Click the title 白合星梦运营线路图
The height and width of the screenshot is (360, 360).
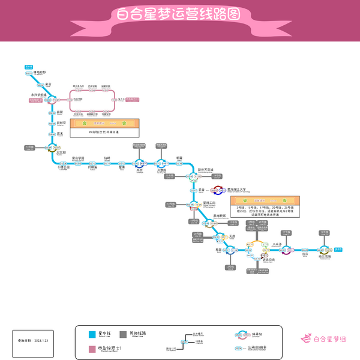coord(179,14)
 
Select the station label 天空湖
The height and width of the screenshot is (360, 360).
coord(60,152)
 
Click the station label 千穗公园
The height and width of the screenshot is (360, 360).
coord(64,167)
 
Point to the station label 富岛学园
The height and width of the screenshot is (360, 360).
coord(78,158)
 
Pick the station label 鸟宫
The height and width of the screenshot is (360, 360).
coord(140,170)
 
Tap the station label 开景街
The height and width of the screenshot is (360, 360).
coord(161,170)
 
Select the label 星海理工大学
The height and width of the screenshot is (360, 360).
coord(232,190)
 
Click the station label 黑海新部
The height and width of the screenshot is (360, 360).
coord(218,215)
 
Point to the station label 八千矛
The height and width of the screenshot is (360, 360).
coord(277,244)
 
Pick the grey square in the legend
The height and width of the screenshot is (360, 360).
coord(123,334)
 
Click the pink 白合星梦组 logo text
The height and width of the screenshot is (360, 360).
coord(329,340)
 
